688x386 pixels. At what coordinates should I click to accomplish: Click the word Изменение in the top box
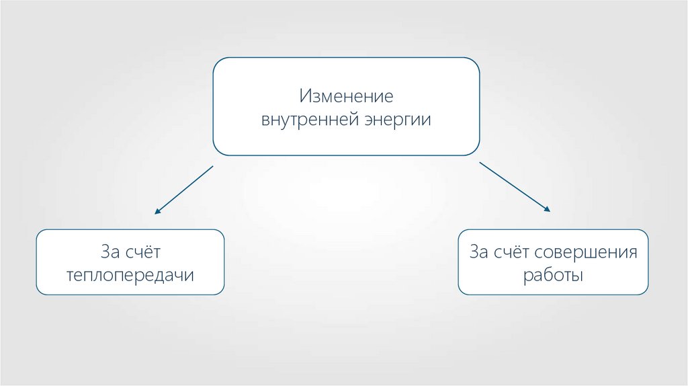(x=346, y=95)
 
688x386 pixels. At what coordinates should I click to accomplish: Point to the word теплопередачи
(x=130, y=276)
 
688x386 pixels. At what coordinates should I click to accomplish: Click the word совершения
(x=586, y=253)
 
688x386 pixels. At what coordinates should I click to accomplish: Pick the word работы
(x=553, y=276)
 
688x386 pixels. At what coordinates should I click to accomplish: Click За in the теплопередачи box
(x=109, y=252)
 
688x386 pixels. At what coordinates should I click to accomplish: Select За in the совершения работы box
(x=478, y=253)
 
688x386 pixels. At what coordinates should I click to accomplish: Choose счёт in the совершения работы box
(x=513, y=253)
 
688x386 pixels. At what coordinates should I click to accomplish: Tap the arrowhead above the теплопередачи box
(x=157, y=211)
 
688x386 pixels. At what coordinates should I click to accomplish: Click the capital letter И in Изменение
(x=305, y=95)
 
